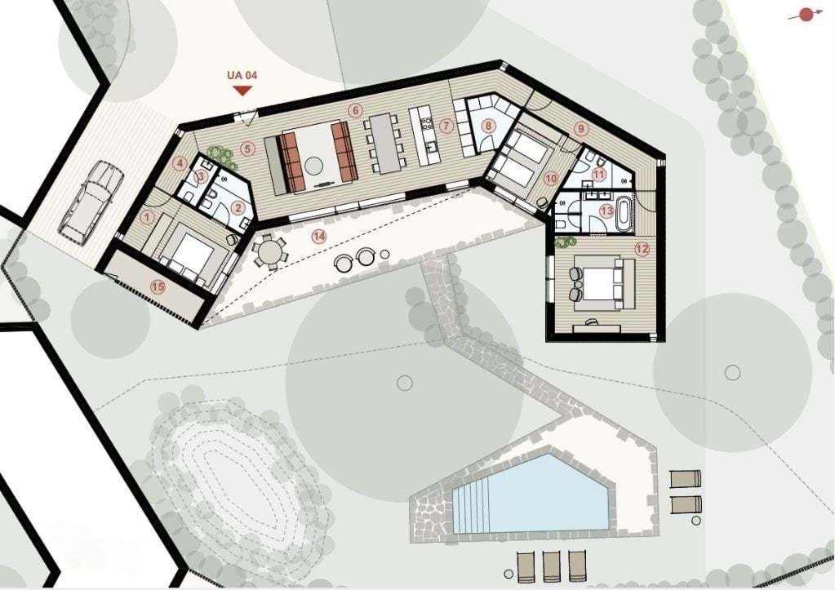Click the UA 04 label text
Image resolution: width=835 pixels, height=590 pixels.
pos(242,75)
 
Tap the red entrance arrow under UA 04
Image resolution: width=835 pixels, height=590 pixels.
pos(243,91)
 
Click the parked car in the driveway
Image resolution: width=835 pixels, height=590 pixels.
pos(91,203)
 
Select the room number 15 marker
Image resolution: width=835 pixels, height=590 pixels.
pos(158,287)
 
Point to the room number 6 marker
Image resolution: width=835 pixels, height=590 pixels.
pos(355,110)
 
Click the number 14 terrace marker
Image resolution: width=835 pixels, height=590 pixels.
pos(318,237)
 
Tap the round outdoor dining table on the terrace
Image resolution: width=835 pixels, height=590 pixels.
pos(269,253)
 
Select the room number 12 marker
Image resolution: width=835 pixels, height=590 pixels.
pos(642,248)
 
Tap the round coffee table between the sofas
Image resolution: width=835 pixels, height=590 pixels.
pos(314,165)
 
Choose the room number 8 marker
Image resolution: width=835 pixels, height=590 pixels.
pos(487,126)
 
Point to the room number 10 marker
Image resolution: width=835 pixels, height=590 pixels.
pos(551,179)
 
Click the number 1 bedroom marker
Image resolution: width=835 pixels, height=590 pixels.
pos(149,217)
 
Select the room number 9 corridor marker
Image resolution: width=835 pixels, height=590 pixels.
pos(581,129)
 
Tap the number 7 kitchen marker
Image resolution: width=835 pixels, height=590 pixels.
pos(446,126)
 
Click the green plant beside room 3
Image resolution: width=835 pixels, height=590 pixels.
pos(220,154)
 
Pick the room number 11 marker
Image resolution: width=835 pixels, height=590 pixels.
pos(600,174)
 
